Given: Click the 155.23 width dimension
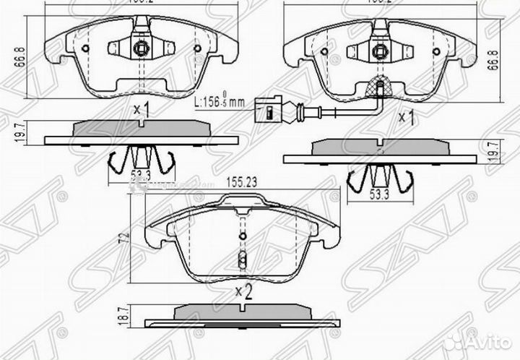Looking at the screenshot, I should (x=243, y=184).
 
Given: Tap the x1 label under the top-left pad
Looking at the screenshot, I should (x=141, y=111).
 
